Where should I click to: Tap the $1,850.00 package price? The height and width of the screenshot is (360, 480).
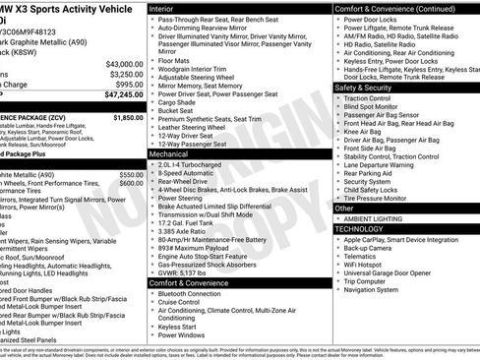tap(129, 117)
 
